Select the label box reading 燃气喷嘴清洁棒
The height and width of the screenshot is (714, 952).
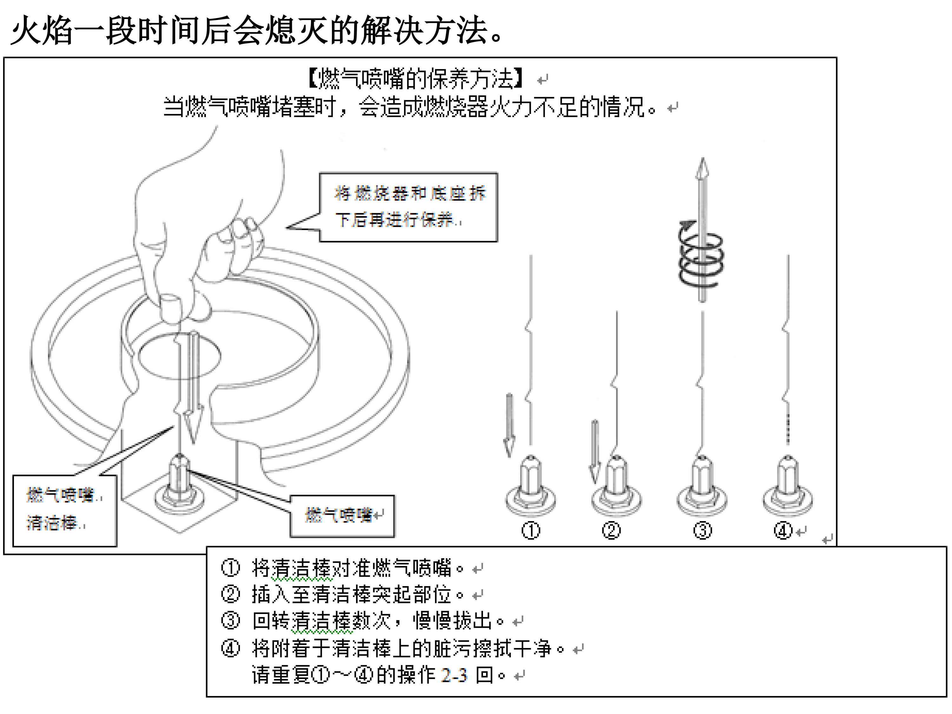click(x=64, y=510)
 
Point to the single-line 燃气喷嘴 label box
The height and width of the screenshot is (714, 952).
click(x=342, y=516)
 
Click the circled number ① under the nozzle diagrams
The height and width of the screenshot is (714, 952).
click(x=530, y=531)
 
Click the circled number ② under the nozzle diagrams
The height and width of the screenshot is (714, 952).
click(x=611, y=531)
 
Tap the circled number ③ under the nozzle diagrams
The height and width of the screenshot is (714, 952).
click(x=702, y=531)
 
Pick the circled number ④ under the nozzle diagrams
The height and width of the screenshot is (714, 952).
click(x=783, y=531)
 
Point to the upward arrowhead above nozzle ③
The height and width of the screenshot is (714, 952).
click(x=702, y=168)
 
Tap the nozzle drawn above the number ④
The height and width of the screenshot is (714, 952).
click(x=788, y=486)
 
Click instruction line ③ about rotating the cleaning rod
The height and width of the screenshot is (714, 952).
click(x=370, y=621)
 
